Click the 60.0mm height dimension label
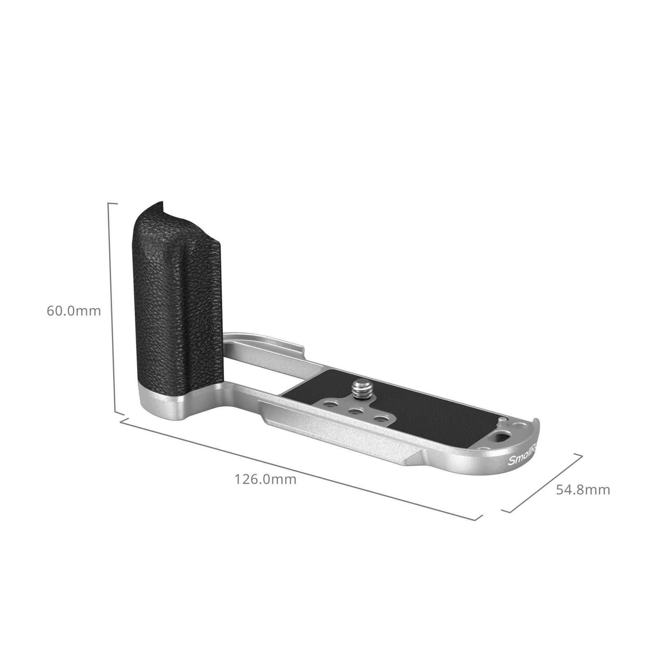click(74, 311)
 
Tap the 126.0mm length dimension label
click(265, 479)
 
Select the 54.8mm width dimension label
click(583, 490)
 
